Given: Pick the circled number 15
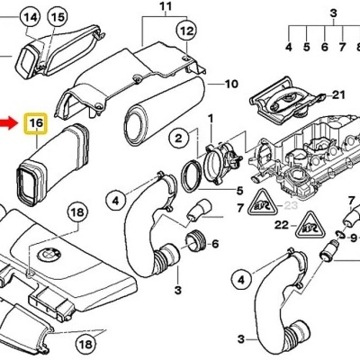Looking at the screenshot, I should coord(57,17).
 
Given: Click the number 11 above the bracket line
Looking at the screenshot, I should coord(164,10).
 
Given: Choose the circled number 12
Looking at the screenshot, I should coord(185,31).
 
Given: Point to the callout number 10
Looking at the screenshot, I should coord(230,85).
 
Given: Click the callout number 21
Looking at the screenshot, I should coord(337,94).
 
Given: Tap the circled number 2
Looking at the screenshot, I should coord(178,138).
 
